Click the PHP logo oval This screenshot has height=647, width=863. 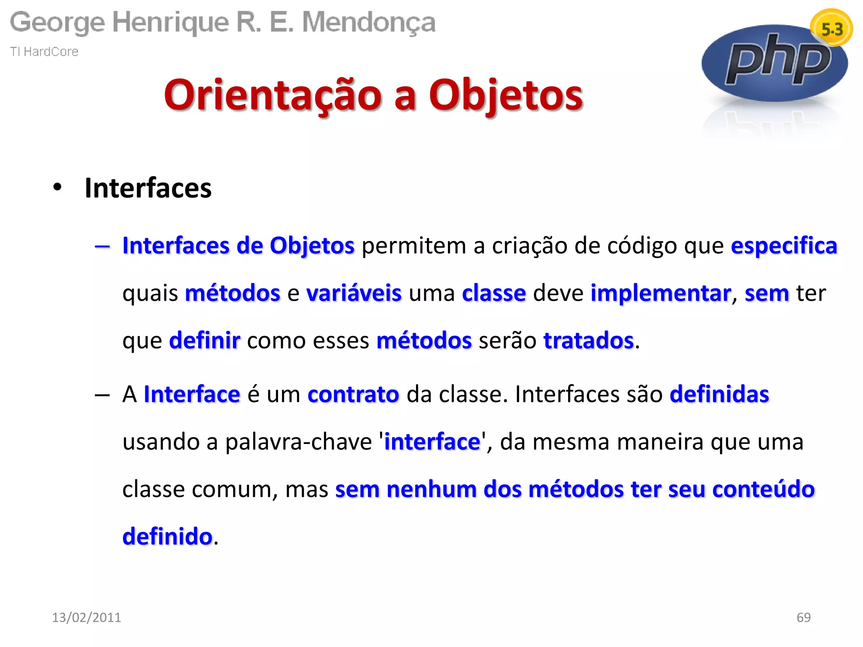click(775, 63)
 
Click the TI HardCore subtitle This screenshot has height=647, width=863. click(44, 51)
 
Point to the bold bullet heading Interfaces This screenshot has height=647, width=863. click(148, 188)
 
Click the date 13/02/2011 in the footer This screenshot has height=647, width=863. click(86, 617)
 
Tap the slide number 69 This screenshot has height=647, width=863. click(803, 617)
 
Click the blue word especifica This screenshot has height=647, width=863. click(784, 246)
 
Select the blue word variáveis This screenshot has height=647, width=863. click(354, 293)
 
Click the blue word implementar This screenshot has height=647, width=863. click(661, 293)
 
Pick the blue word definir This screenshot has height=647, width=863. click(205, 340)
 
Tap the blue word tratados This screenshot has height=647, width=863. click(589, 340)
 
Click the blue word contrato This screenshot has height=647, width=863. click(353, 395)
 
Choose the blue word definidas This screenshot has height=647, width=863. click(719, 395)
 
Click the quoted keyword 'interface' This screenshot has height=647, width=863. click(432, 442)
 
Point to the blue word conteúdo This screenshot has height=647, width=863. click(763, 489)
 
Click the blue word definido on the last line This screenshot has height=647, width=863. click(167, 537)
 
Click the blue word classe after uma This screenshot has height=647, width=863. click(494, 293)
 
